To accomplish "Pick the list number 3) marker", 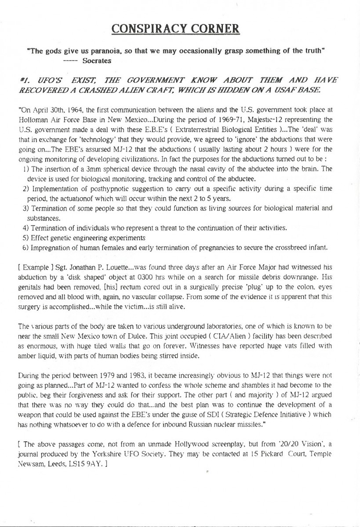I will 25,209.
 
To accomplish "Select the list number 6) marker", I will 25,248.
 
